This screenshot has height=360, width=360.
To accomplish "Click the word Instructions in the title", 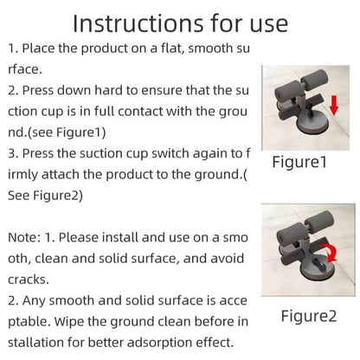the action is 138,23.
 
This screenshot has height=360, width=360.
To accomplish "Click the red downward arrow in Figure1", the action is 334,106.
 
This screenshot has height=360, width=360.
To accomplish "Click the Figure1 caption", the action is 299,162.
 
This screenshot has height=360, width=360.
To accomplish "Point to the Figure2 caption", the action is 309,316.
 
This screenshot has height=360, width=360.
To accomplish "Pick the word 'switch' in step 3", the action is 170,153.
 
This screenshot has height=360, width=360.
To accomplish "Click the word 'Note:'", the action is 24,238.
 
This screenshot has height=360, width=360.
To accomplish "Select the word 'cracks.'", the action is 29,280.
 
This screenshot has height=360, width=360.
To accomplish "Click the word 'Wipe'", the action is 68,321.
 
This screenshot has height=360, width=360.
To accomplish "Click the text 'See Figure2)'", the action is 45,196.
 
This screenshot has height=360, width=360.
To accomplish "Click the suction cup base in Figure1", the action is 310,127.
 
